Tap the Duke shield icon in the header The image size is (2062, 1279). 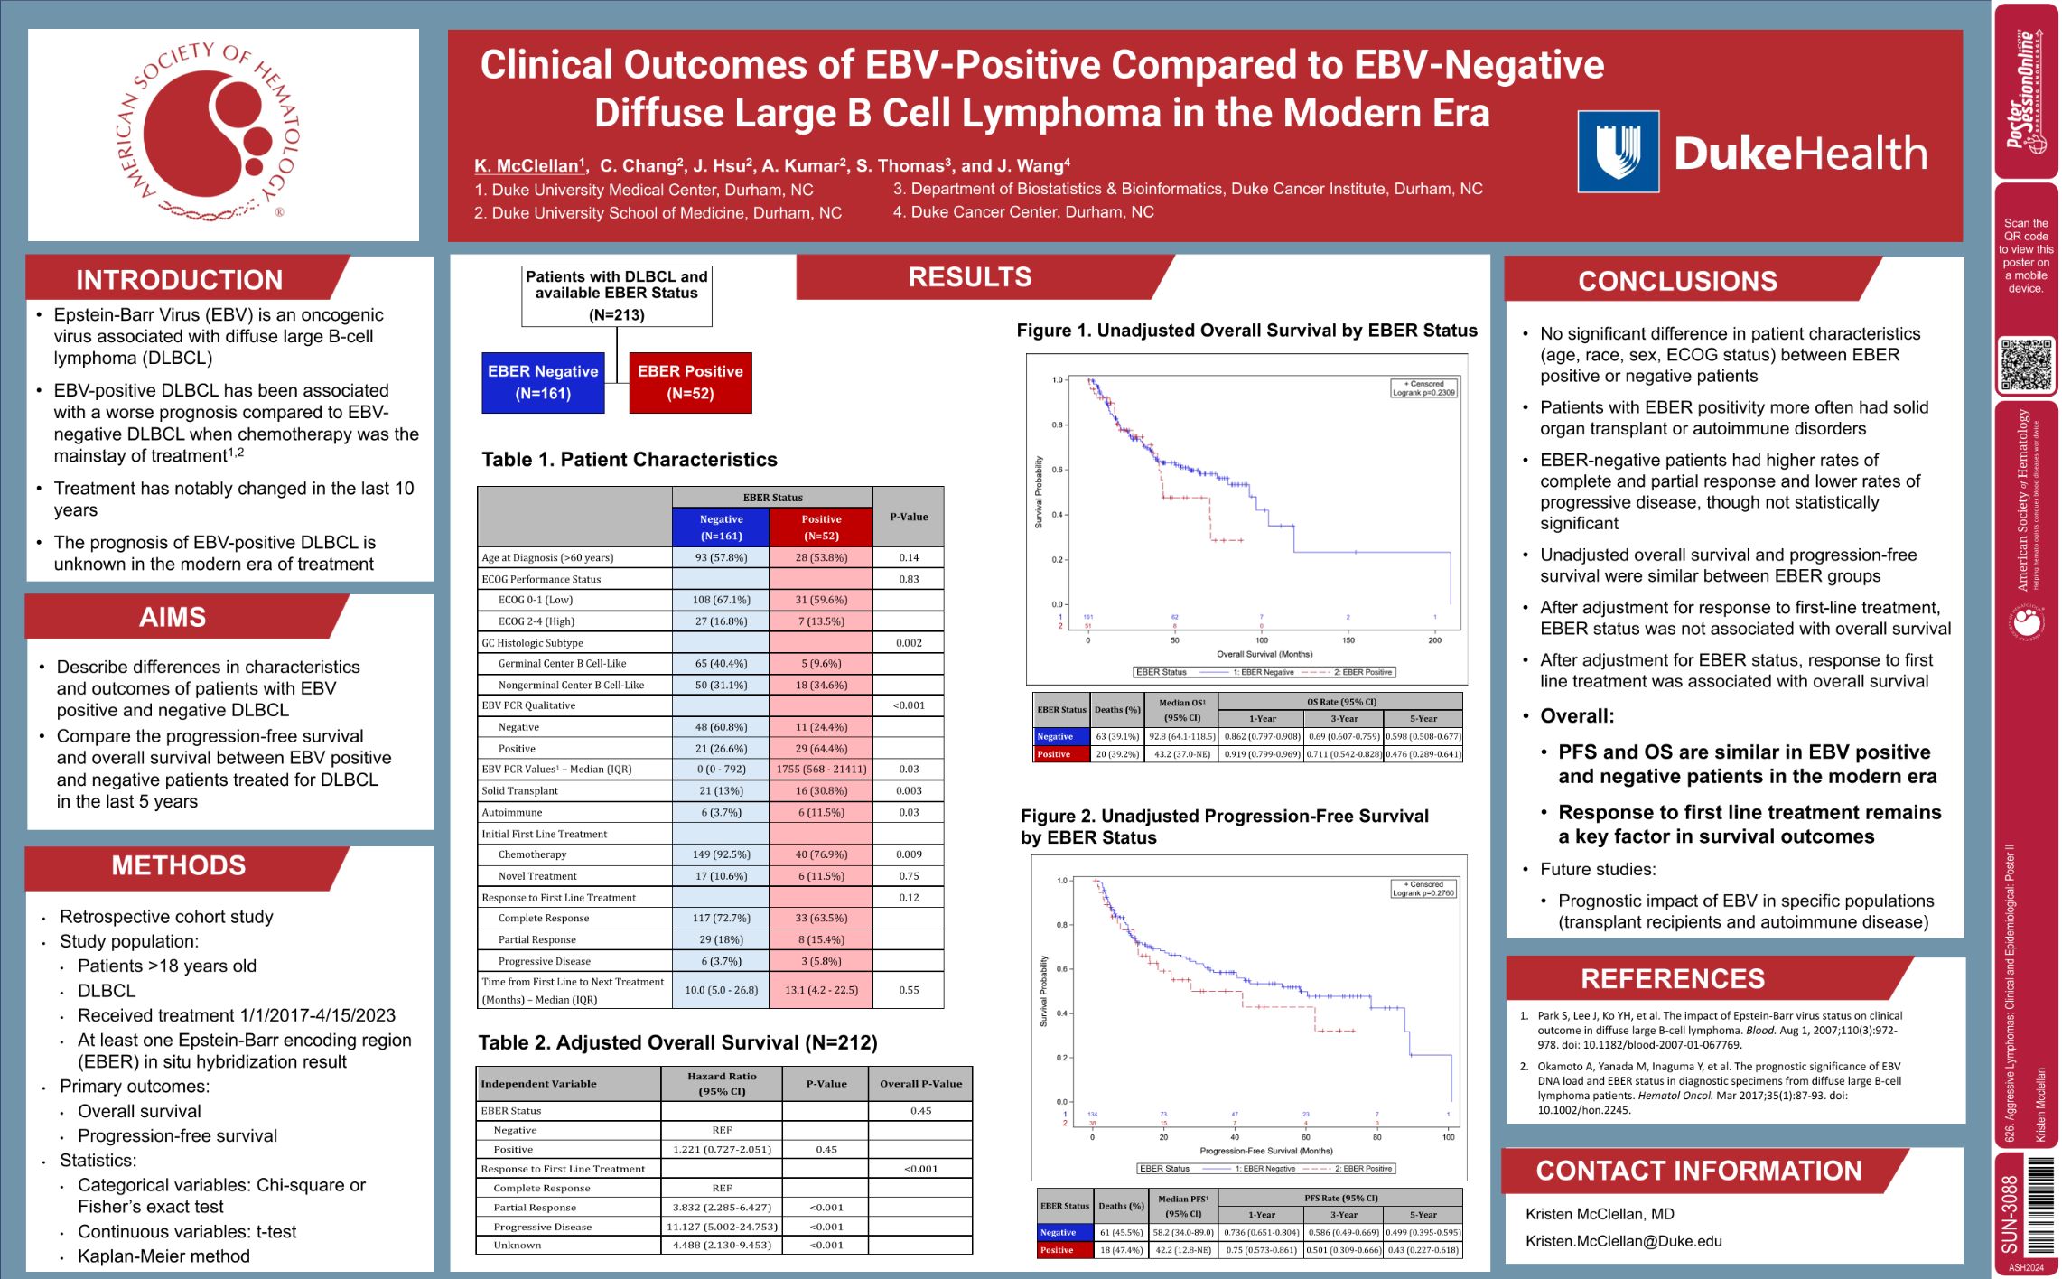click(1618, 152)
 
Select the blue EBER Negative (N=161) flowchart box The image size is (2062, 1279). click(543, 383)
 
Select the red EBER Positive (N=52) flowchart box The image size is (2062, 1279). click(690, 383)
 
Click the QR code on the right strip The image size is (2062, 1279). click(2026, 365)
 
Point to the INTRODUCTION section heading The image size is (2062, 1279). click(179, 280)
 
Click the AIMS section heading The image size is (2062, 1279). click(173, 618)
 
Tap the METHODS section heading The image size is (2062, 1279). click(178, 866)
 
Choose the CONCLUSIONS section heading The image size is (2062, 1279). click(1677, 282)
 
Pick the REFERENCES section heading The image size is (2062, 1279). click(1672, 979)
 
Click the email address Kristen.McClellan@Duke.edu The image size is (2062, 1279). click(1623, 1241)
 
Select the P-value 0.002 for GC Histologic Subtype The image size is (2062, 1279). click(909, 643)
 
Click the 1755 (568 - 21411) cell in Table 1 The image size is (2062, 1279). click(821, 770)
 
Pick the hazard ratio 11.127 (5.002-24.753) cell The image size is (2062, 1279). click(722, 1227)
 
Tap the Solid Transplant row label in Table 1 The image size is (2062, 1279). click(520, 791)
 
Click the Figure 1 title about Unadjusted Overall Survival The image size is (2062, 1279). click(1246, 331)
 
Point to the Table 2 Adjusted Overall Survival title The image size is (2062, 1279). click(677, 1043)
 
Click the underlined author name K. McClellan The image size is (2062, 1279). click(528, 166)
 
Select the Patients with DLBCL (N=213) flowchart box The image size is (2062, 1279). click(617, 295)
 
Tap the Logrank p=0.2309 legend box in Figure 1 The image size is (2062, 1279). click(1423, 388)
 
